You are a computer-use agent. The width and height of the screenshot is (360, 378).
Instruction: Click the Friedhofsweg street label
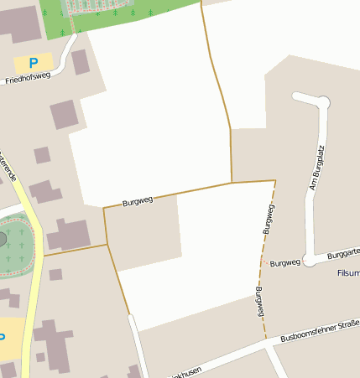click(x=28, y=78)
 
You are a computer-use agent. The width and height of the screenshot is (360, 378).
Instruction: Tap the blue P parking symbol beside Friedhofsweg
click(x=34, y=63)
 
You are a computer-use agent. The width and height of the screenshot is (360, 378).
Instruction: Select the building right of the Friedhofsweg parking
click(x=81, y=62)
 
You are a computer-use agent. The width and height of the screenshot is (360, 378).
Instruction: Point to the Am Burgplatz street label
click(x=316, y=167)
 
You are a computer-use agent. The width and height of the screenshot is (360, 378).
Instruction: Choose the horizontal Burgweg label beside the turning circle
click(x=285, y=262)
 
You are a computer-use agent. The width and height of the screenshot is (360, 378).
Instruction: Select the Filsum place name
click(x=347, y=273)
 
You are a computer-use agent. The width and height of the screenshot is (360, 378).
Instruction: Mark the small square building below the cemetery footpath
click(x=55, y=274)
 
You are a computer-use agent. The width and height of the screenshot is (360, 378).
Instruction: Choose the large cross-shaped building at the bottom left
click(x=52, y=344)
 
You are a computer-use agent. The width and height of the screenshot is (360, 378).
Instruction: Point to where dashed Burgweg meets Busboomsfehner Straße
click(x=267, y=339)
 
